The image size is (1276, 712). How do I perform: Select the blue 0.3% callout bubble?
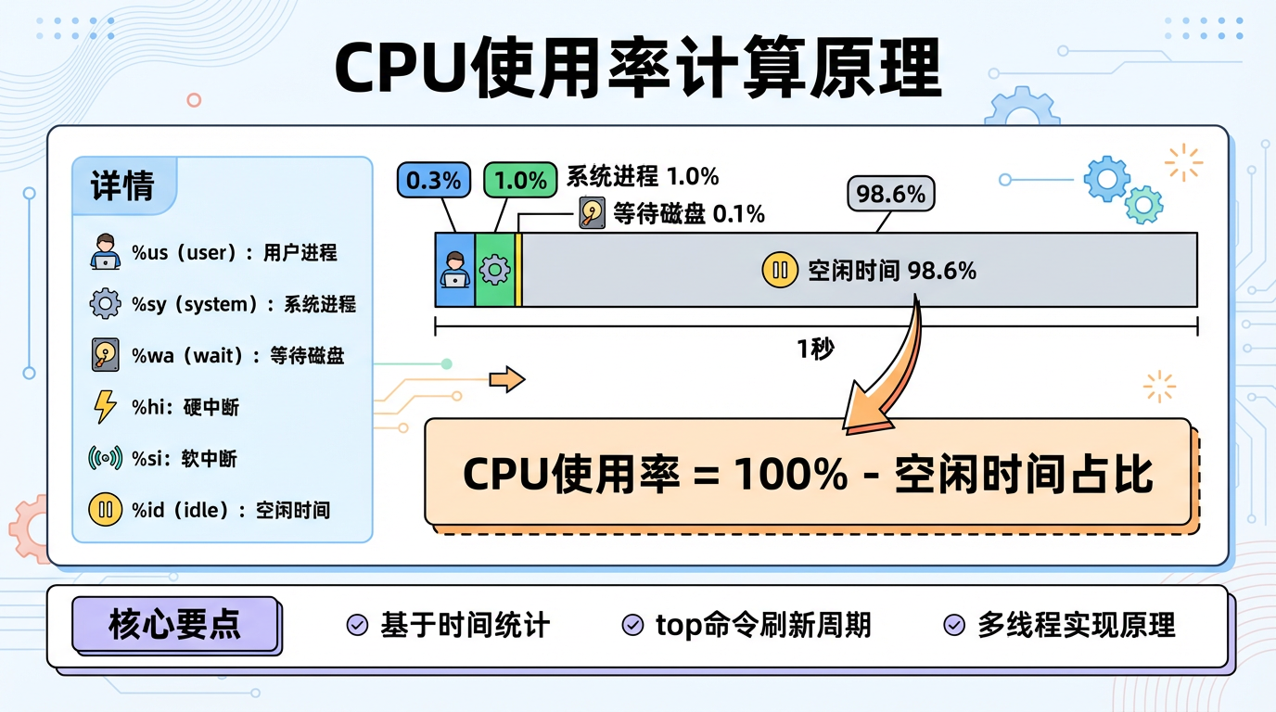pos(434,180)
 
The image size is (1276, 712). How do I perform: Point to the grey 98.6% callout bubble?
pos(890,195)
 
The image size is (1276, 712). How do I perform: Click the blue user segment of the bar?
pos(454,270)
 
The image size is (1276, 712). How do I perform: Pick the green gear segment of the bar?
pos(494,270)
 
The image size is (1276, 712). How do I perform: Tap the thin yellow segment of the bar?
pos(518,270)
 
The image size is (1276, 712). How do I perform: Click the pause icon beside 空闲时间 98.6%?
pos(779,271)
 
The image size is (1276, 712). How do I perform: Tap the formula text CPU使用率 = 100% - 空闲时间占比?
pos(807,475)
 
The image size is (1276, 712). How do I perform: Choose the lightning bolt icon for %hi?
pos(106,407)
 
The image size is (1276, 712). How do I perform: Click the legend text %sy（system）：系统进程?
pos(244,304)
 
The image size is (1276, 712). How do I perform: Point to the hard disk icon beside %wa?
pos(106,355)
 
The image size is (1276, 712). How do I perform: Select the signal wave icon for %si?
pos(106,458)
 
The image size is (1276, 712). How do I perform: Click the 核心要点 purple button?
pos(175,625)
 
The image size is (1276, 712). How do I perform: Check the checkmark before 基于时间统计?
pos(356,626)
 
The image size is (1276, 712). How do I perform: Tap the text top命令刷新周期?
pos(763,626)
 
